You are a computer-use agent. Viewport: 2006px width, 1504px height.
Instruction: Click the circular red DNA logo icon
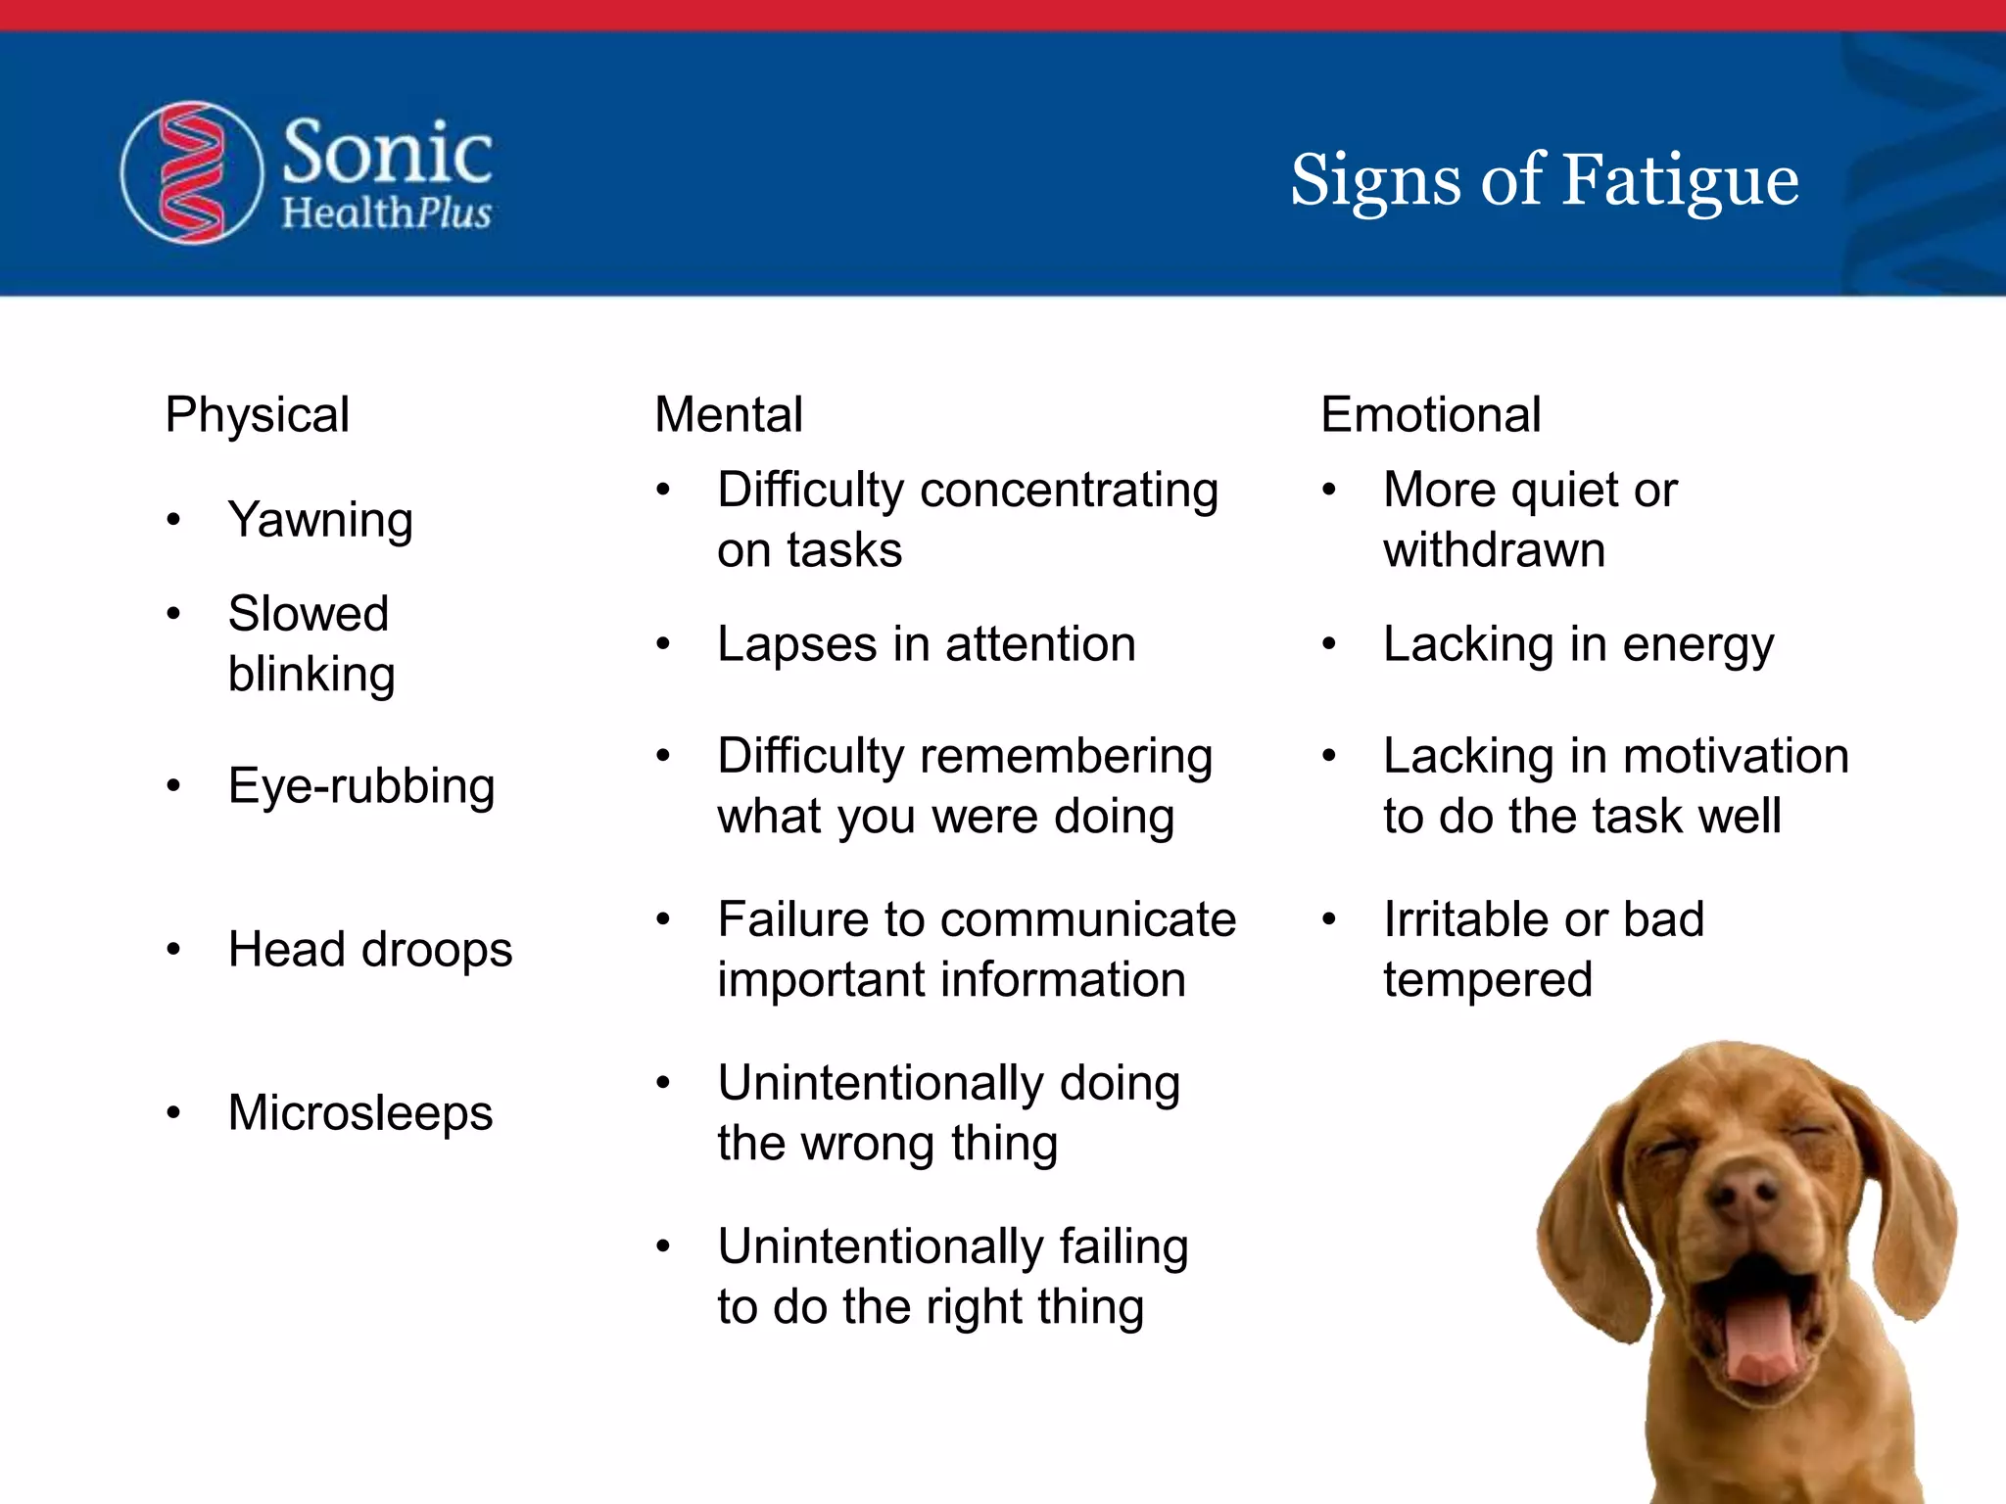click(x=192, y=172)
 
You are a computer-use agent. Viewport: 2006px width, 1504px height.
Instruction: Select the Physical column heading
click(x=257, y=414)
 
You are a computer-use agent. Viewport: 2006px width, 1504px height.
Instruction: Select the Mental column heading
click(x=729, y=414)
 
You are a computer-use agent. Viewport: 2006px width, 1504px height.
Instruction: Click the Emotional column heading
click(x=1430, y=414)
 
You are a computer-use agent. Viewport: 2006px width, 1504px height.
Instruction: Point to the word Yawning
click(x=319, y=520)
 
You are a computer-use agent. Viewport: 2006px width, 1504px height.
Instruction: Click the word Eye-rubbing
click(x=360, y=786)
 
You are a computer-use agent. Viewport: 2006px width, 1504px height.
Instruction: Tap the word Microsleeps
click(x=359, y=1113)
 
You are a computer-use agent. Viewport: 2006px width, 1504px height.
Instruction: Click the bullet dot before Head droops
click(x=173, y=949)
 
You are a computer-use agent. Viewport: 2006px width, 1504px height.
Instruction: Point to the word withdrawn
click(x=1494, y=550)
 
